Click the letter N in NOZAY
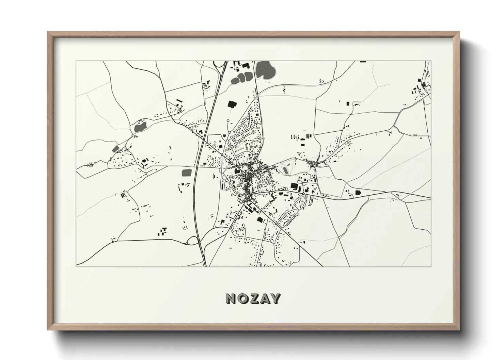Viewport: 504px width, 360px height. coord(230,298)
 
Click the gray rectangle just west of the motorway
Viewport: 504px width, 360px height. coord(187,173)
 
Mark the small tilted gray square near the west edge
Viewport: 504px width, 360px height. coord(115,149)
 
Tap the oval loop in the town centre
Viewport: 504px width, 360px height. coord(265,167)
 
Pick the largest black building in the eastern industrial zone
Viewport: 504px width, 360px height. coord(294,186)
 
